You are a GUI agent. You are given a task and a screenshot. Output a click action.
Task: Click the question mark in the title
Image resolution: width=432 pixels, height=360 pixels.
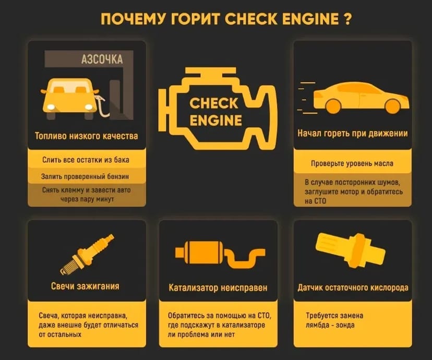coord(345,20)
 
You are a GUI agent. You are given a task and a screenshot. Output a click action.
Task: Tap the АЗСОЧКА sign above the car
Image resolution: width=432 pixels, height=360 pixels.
coord(102,59)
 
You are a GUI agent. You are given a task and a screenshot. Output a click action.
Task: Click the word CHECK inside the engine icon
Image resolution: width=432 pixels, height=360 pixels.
coord(214,103)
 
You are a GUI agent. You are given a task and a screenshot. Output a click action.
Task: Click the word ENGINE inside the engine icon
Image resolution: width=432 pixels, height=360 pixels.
coord(215,121)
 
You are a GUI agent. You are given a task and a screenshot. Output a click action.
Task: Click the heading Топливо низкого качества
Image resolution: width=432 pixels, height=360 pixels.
coord(87,136)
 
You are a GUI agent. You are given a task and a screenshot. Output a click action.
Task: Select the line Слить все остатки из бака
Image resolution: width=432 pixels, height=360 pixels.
coord(86,159)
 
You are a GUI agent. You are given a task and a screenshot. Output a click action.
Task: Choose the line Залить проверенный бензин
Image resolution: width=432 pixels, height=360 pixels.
coord(86,176)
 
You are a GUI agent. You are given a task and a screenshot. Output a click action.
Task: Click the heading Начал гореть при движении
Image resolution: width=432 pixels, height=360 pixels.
coord(353,134)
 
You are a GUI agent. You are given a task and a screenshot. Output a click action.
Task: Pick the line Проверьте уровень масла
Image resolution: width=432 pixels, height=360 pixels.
coord(352,163)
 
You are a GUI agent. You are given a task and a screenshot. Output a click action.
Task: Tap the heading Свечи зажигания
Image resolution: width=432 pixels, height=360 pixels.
coord(85,286)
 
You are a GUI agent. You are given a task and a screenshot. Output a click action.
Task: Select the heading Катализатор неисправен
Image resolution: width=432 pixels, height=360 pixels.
coord(218,287)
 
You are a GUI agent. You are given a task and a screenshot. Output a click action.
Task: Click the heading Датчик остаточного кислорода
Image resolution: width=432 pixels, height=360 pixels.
coord(353,287)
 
